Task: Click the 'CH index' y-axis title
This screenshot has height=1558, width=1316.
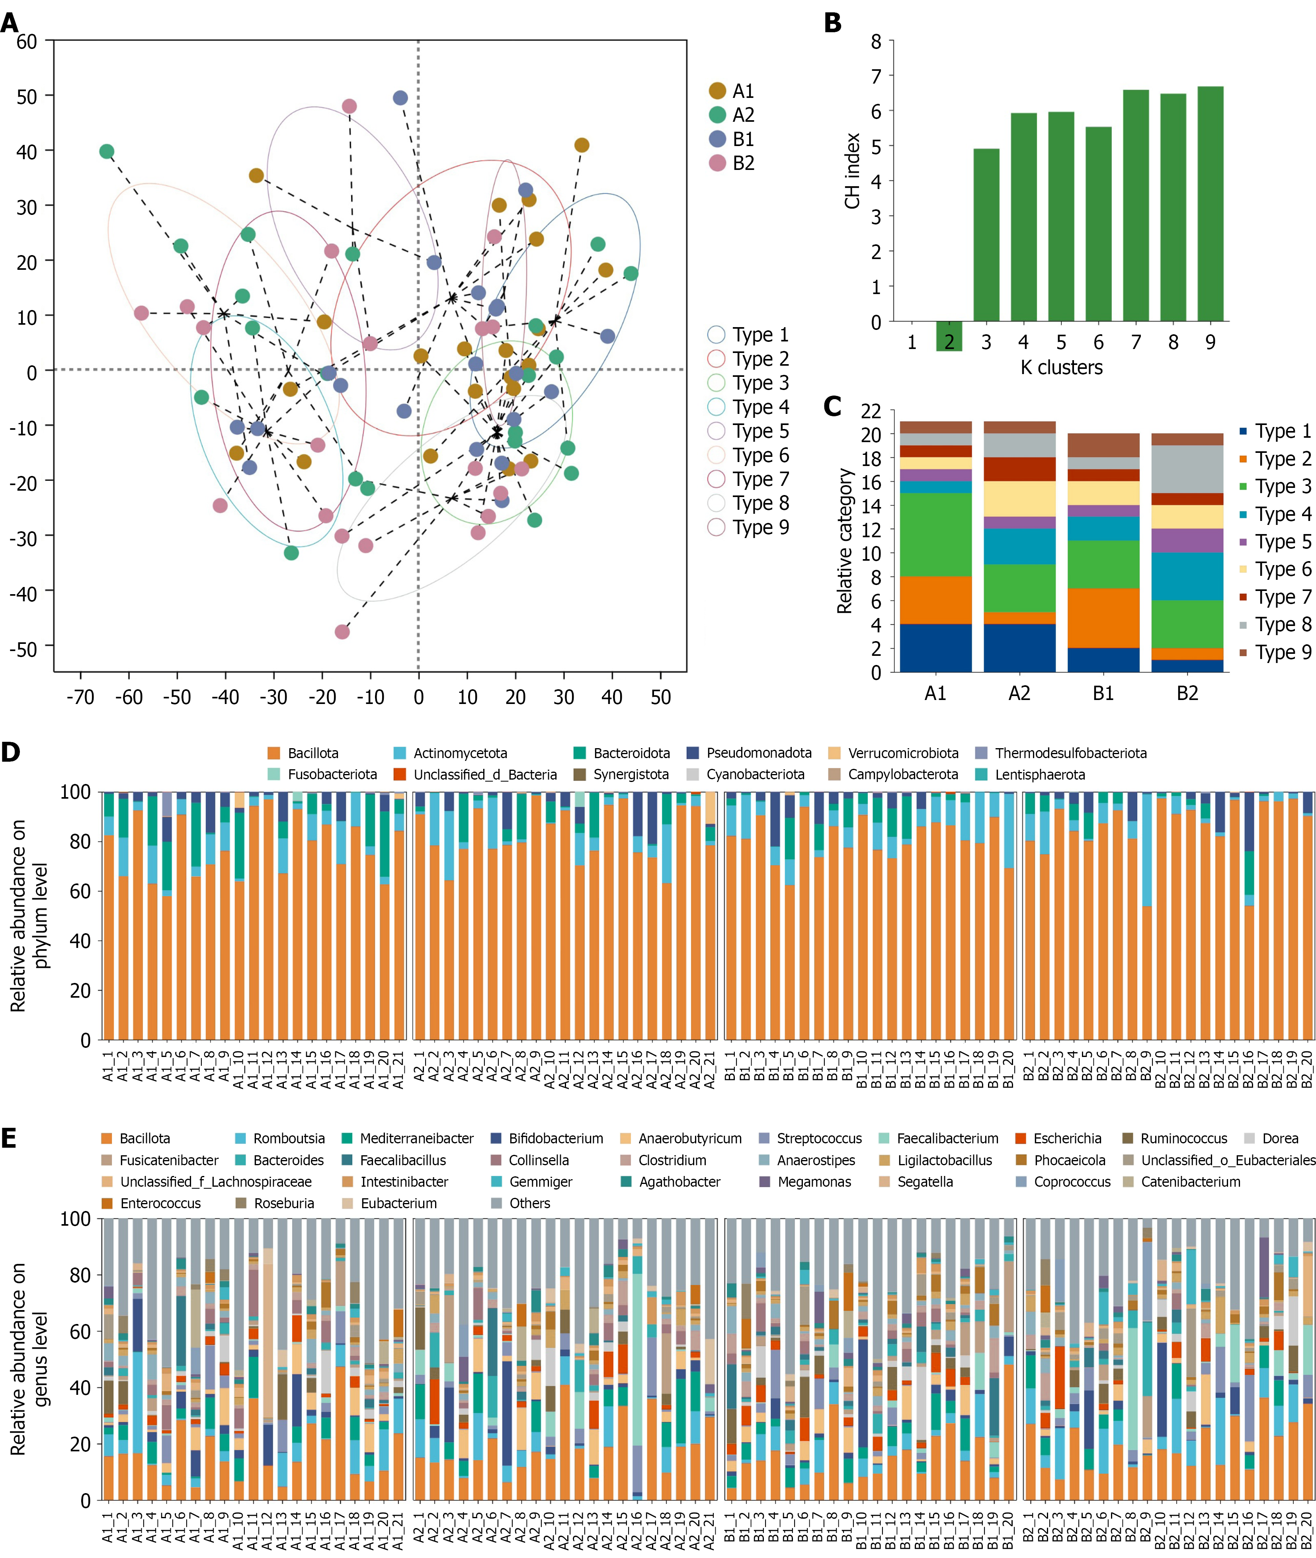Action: (x=853, y=171)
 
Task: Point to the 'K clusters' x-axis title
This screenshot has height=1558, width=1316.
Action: (x=1062, y=368)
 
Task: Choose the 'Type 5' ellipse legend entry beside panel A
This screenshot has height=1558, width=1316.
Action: (x=748, y=431)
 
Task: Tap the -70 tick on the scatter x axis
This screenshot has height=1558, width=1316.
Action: (x=80, y=697)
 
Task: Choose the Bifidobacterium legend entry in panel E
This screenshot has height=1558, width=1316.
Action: (x=547, y=1139)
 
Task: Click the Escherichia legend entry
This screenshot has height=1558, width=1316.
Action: (x=1058, y=1139)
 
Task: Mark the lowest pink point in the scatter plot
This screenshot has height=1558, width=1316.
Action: (x=342, y=632)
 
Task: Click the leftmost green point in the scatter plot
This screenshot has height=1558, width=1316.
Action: (x=107, y=151)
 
